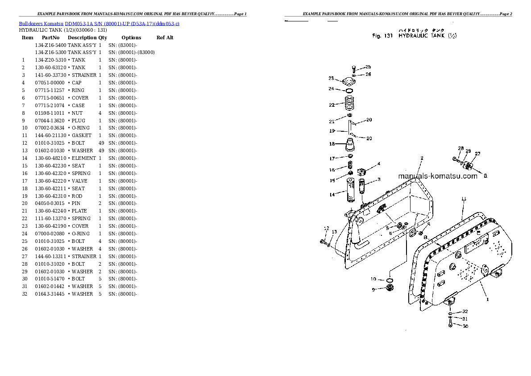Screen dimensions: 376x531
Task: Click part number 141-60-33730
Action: (x=50, y=75)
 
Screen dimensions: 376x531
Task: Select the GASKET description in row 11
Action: (x=81, y=135)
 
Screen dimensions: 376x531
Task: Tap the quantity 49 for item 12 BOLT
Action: (x=101, y=143)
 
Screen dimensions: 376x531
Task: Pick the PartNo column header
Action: (x=50, y=38)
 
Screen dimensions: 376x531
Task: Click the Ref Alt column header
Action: (x=165, y=38)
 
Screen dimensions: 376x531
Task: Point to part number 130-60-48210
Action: (x=50, y=158)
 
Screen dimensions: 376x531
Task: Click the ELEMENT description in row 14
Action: (x=83, y=158)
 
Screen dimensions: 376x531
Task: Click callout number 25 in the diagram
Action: (x=368, y=67)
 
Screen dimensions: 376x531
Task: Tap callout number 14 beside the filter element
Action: (x=332, y=194)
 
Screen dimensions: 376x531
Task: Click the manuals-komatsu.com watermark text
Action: (x=437, y=176)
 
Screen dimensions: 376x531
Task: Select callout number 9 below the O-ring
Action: (x=373, y=289)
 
